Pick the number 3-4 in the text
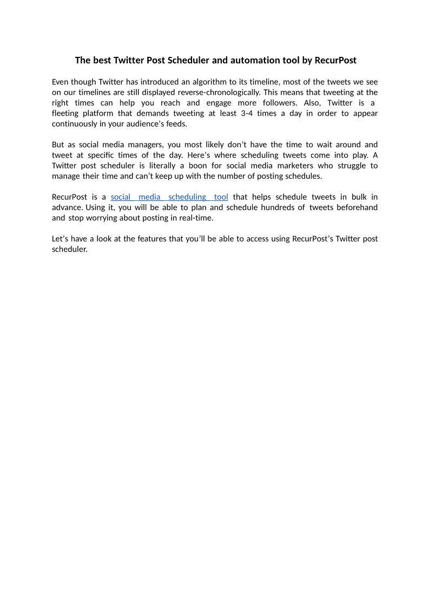coord(247,113)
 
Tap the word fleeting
coord(65,113)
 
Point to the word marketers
coord(296,166)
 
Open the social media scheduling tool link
coord(169,197)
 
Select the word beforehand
coord(358,207)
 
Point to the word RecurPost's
coord(312,239)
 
